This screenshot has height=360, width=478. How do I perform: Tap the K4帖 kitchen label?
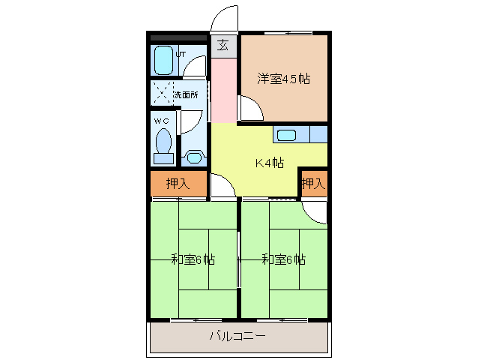point(269,163)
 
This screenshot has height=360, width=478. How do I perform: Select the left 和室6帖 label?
point(193,259)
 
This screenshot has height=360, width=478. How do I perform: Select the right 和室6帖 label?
point(283,259)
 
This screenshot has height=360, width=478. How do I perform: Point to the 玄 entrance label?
point(223,45)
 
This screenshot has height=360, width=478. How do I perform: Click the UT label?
point(181,54)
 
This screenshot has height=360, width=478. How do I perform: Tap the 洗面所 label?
point(187,95)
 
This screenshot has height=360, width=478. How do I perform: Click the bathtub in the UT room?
point(163,61)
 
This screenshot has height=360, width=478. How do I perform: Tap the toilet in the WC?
point(163,145)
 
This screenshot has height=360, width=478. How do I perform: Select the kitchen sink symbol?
point(287,136)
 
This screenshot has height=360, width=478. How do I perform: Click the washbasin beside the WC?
point(195,157)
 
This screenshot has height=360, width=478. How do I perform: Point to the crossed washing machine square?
point(162,93)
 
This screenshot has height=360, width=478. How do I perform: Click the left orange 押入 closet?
point(178,184)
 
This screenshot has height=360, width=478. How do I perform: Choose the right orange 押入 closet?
point(313,184)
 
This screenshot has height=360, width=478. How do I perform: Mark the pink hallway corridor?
point(223,88)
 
